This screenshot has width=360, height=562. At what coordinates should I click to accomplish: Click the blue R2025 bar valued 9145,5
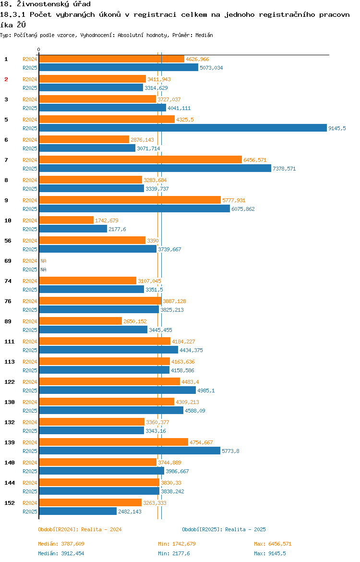[182, 128]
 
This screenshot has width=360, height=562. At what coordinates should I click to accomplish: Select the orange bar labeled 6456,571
[140, 159]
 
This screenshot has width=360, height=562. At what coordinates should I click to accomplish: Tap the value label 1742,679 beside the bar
[107, 220]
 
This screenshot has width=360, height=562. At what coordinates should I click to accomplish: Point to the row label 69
[8, 261]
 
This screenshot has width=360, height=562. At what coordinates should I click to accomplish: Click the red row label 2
[6, 79]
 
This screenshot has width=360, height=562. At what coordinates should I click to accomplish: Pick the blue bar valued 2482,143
[78, 511]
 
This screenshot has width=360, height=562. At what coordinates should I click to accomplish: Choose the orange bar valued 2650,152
[80, 321]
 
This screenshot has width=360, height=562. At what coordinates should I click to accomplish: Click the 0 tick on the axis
[39, 50]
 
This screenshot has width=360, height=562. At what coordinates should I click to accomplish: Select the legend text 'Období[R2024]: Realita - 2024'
[80, 529]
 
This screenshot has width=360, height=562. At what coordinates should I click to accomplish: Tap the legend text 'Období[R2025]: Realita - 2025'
[224, 529]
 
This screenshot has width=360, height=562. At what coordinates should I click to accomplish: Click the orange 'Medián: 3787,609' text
[61, 544]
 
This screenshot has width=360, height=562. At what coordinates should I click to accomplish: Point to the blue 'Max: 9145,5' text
[270, 553]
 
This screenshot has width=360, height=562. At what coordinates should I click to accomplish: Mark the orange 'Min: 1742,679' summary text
[177, 544]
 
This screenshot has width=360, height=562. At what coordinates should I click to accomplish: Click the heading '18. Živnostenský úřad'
[45, 4]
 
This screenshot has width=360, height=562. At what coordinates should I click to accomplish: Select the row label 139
[9, 442]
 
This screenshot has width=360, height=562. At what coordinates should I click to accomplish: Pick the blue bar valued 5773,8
[130, 451]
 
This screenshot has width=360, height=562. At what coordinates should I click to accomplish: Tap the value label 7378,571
[284, 169]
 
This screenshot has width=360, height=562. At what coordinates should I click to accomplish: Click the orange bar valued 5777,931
[130, 200]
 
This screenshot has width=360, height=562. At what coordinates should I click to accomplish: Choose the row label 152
[9, 503]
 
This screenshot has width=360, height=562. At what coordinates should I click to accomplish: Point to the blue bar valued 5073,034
[119, 67]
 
